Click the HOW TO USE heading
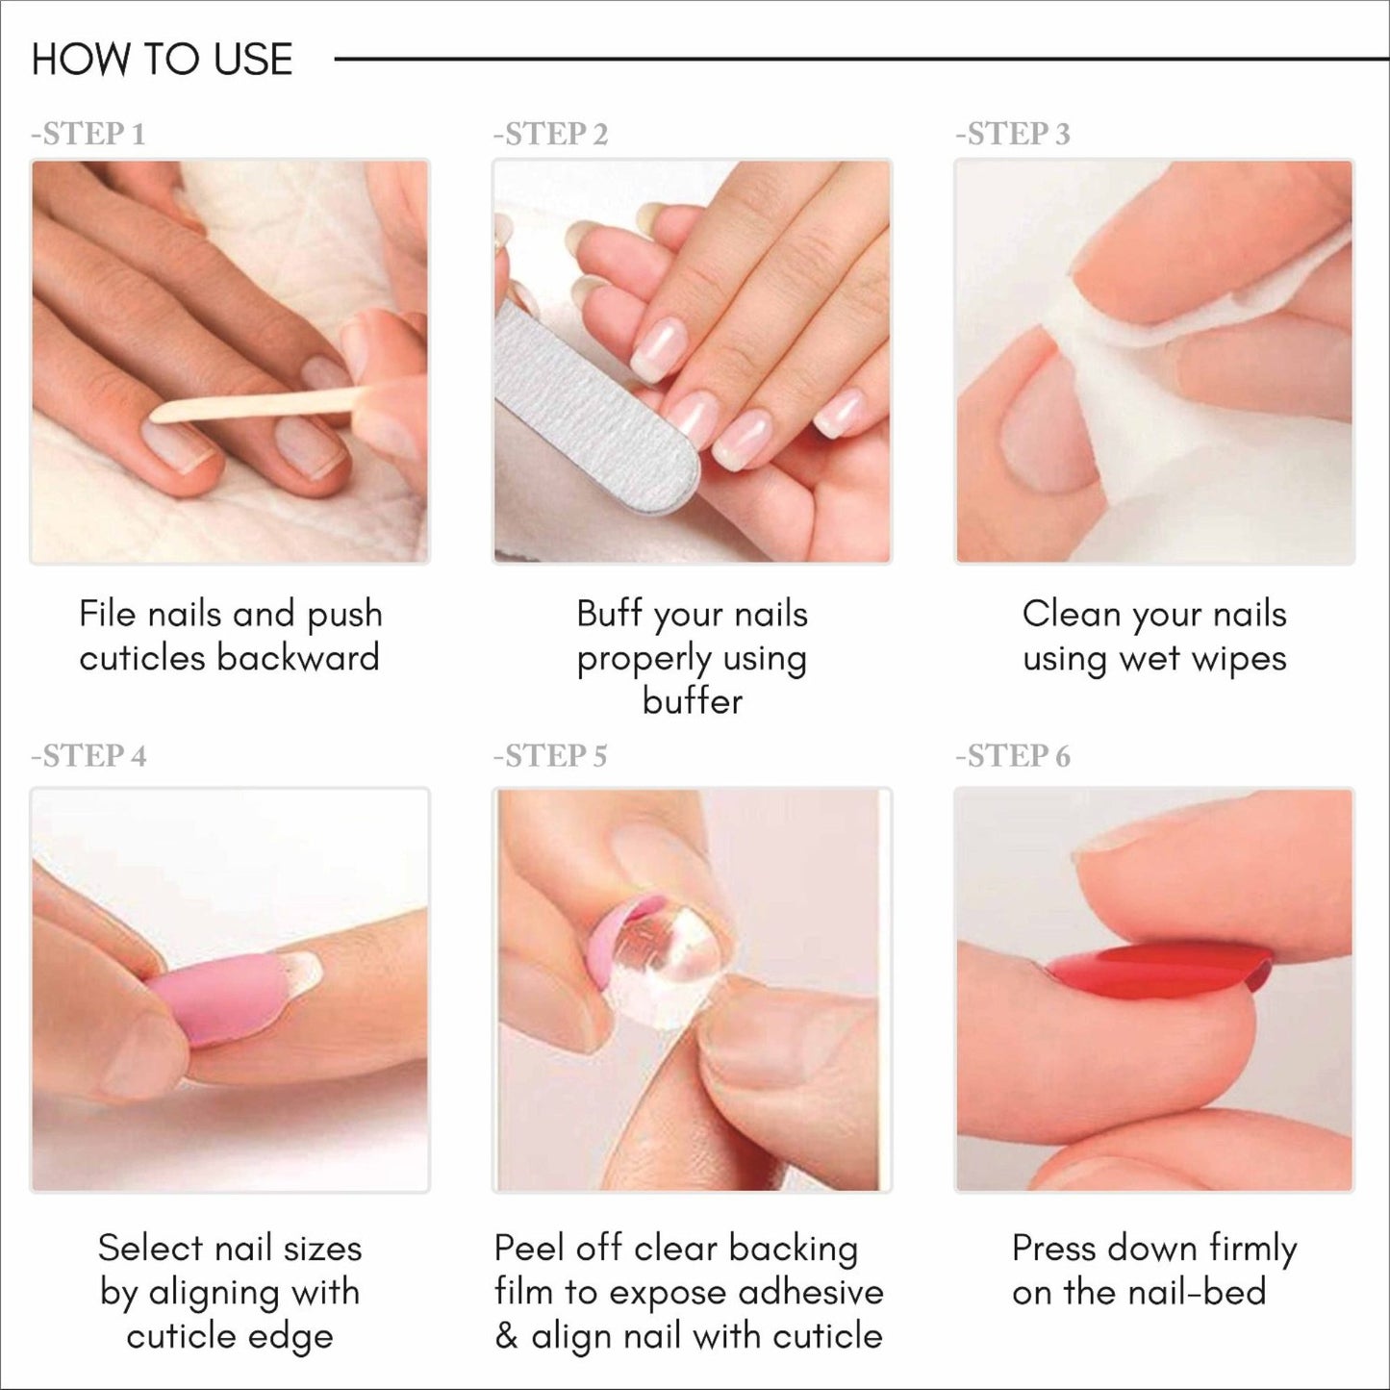tap(162, 60)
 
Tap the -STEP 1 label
tap(88, 135)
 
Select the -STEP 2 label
tap(551, 135)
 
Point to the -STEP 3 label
tap(1013, 135)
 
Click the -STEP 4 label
tap(88, 756)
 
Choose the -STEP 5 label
tap(551, 756)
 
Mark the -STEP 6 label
tap(1013, 756)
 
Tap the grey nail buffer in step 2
tap(596, 414)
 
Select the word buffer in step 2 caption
tap(693, 701)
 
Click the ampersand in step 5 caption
tap(506, 1336)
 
